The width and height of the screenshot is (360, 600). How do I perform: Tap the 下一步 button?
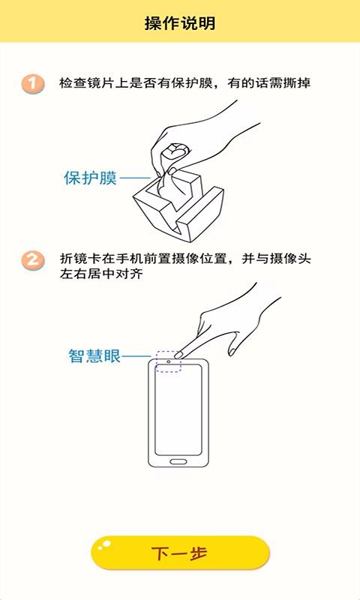click(x=180, y=553)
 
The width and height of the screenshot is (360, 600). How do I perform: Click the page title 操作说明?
click(x=180, y=23)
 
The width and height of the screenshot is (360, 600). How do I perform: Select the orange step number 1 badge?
click(x=32, y=83)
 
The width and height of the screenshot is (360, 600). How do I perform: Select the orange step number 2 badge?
click(x=32, y=259)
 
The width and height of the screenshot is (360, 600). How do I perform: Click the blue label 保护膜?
click(x=90, y=178)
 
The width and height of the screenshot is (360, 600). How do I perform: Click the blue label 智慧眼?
click(x=94, y=356)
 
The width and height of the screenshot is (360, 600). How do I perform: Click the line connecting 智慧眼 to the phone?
click(x=139, y=356)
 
